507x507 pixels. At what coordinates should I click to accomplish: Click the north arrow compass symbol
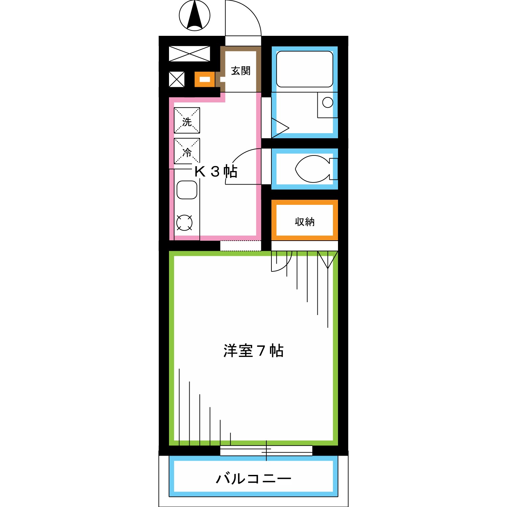click(194, 16)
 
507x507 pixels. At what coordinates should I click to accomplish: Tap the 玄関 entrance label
click(241, 71)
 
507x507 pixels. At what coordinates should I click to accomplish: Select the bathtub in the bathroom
click(305, 69)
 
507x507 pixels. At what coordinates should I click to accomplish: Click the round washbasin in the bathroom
click(328, 102)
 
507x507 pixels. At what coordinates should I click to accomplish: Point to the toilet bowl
click(313, 169)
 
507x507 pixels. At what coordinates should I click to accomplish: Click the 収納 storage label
click(305, 222)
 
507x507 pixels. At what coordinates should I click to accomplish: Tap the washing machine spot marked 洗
click(187, 121)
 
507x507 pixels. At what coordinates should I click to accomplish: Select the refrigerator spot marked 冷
click(187, 151)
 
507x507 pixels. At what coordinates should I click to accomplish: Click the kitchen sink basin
click(187, 190)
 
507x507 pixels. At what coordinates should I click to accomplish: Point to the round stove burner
click(185, 223)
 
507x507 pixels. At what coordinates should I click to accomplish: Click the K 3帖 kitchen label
click(216, 172)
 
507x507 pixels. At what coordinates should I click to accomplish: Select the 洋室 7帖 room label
click(253, 351)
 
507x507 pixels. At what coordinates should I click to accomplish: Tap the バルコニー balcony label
click(253, 479)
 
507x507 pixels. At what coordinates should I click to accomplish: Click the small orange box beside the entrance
click(205, 80)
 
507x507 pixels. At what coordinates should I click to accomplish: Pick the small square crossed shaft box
click(177, 80)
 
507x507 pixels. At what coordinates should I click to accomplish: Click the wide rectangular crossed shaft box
click(189, 54)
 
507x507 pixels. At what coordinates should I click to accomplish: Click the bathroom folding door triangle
click(279, 128)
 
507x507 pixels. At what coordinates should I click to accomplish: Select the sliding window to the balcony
click(266, 451)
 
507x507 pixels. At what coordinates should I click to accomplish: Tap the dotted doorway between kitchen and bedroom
click(241, 246)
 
